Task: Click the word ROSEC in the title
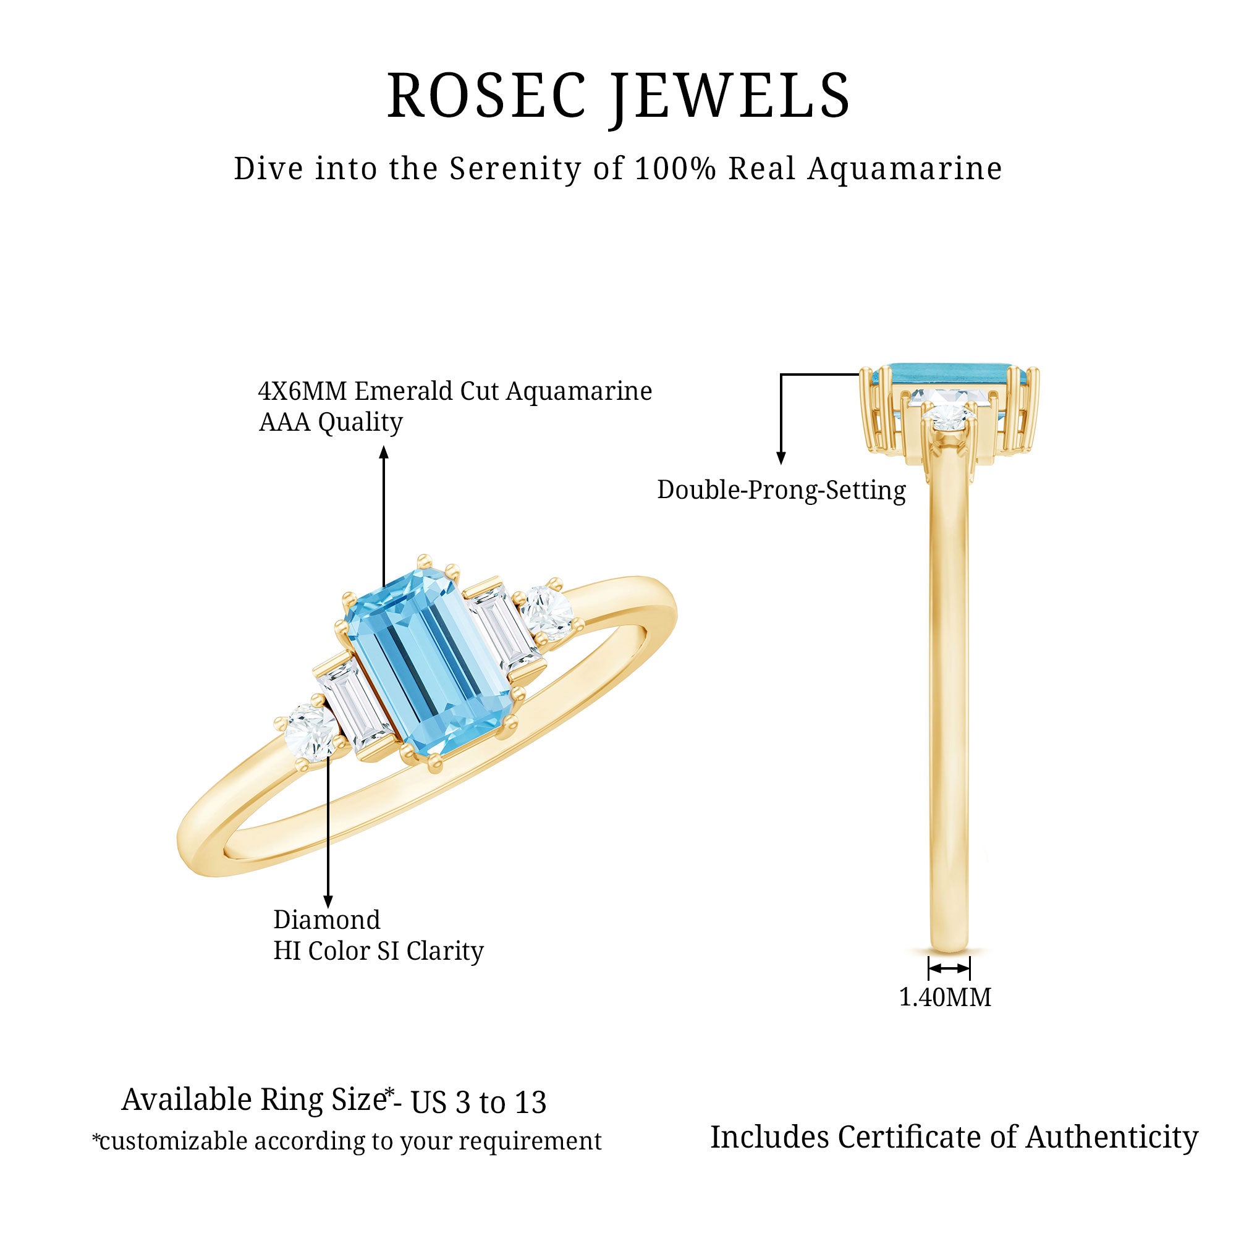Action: (486, 96)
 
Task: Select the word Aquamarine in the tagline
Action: (904, 169)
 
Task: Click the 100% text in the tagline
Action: (675, 169)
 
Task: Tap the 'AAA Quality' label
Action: (330, 422)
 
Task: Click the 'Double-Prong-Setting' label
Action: (781, 491)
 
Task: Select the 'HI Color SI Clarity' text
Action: (378, 951)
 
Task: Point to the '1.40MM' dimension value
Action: (945, 997)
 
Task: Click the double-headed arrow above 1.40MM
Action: (949, 968)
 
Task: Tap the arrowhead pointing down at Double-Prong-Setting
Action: (781, 457)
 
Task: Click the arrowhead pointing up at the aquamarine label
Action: (384, 452)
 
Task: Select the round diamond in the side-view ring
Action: (949, 419)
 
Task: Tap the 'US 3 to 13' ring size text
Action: (478, 1103)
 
